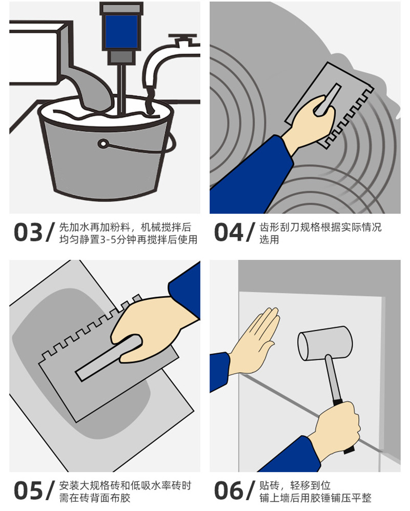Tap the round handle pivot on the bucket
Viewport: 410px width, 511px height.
(x=103, y=144)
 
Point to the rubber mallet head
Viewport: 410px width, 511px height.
(x=325, y=343)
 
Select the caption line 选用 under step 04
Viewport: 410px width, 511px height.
(x=269, y=240)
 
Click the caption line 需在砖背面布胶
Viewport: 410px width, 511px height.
(x=94, y=498)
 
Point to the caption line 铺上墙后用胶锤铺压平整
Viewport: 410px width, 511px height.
(x=315, y=498)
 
